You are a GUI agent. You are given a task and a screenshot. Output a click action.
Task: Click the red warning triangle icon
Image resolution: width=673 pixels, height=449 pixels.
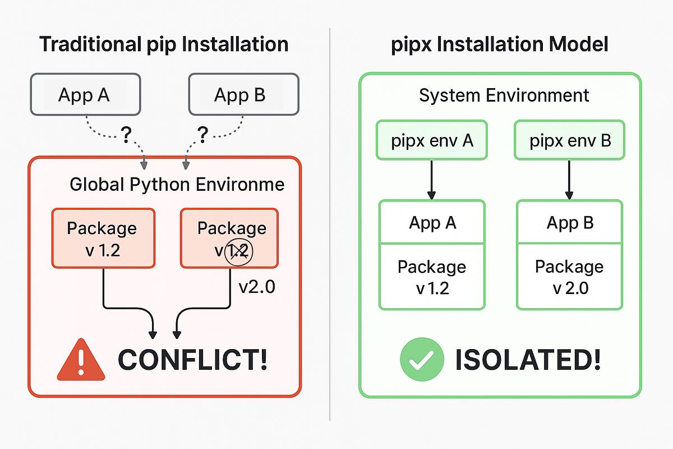coord(81,360)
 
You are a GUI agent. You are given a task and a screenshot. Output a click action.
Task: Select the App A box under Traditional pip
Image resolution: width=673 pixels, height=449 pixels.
coord(84,95)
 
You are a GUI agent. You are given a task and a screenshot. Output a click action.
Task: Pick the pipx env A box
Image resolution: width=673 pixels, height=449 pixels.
coord(432,140)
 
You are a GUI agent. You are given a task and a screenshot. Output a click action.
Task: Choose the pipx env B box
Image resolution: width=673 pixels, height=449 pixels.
coord(570,140)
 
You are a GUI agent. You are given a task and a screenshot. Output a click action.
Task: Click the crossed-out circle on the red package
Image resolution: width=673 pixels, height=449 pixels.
coord(239,252)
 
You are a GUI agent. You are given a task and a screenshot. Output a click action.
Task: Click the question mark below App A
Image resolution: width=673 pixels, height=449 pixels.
coord(126,134)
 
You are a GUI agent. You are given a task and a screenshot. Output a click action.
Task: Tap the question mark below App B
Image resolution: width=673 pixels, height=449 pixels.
coord(202,134)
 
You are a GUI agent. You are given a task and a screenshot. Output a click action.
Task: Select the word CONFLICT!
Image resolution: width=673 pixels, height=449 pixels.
coord(192,360)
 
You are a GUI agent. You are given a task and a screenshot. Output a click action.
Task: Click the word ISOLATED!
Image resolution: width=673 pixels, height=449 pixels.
coord(528,360)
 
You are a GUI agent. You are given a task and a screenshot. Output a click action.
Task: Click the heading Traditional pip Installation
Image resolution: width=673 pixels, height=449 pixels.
coord(164,44)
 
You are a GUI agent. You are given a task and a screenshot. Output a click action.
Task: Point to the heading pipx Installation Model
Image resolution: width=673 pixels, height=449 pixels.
coord(499,44)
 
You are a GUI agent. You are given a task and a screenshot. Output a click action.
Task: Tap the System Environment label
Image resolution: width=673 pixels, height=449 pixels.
coord(504,95)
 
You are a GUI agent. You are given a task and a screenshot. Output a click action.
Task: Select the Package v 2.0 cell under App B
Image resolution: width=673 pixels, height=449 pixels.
coord(569,276)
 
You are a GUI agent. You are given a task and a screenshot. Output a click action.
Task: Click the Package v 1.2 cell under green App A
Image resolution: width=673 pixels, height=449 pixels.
coord(432,276)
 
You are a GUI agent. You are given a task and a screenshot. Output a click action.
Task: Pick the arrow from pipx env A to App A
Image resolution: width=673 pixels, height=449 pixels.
coord(432,180)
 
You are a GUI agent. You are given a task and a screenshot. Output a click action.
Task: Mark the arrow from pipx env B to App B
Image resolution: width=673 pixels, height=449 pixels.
coord(569,180)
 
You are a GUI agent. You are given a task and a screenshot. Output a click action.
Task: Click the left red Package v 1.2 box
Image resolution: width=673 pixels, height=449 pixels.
coord(103,238)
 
